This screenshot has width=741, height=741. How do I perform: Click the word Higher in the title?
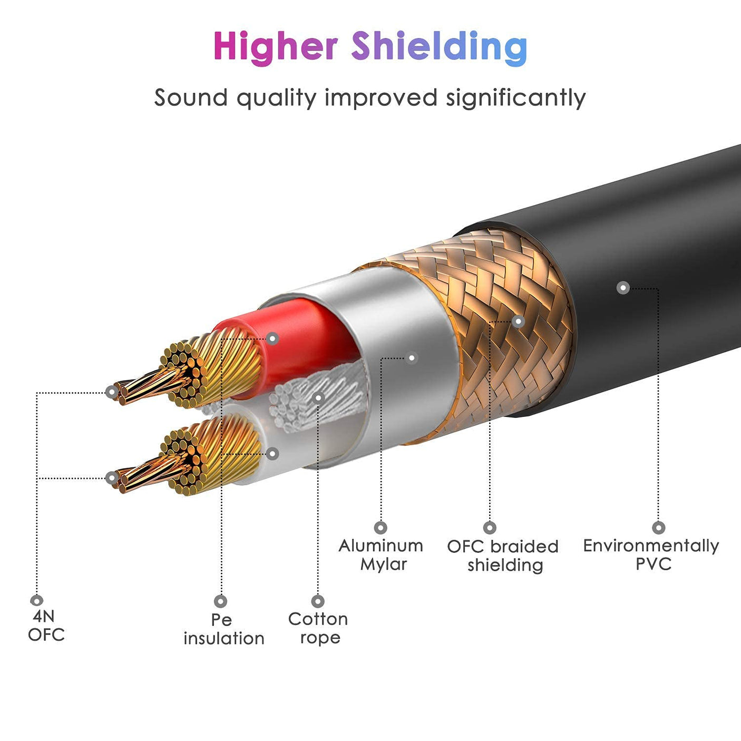pos(275,46)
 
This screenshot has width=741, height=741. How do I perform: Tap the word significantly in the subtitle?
pos(515,99)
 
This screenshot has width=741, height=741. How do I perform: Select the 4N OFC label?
pos(46,625)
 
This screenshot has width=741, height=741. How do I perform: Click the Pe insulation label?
pos(223,629)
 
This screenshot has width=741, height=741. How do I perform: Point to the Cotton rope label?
pos(318,628)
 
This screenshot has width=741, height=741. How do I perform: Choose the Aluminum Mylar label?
pos(381,554)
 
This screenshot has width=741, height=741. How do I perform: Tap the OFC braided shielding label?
pos(503,555)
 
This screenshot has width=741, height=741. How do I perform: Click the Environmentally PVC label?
pos(651,554)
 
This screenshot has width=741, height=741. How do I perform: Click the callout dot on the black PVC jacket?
pos(623,288)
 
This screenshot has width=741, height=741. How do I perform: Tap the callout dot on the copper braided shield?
pos(518,321)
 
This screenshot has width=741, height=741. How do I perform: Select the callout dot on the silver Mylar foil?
pos(412,358)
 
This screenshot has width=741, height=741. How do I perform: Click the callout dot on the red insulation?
pos(272,338)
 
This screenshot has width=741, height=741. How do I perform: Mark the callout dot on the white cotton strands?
pos(318,397)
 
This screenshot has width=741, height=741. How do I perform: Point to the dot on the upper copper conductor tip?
pos(111,392)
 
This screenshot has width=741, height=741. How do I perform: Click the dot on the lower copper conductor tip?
pos(111,478)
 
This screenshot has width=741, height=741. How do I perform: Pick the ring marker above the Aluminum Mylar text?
pos(381,528)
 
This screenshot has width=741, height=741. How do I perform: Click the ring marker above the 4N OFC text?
pos(36,600)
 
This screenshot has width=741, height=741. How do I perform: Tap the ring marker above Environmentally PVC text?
pos(658,528)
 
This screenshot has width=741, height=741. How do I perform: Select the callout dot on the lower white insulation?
pos(272,453)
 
